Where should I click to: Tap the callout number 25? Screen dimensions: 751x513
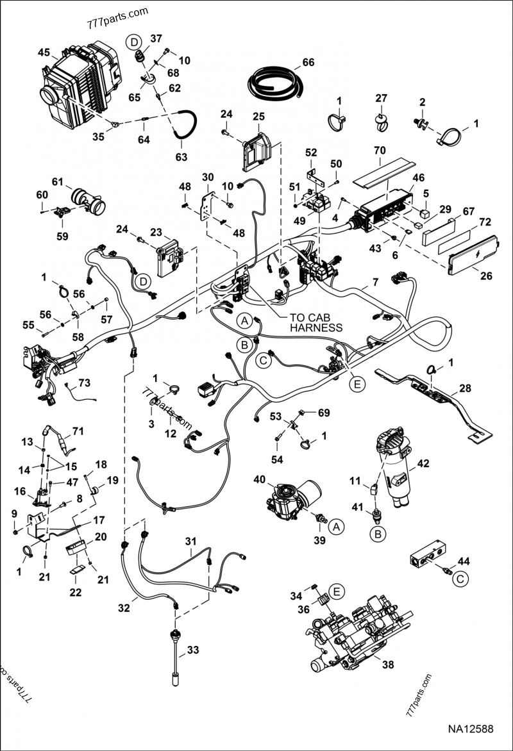point(258,117)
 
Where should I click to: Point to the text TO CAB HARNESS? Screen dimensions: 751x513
point(315,322)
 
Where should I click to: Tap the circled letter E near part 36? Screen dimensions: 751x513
point(337,590)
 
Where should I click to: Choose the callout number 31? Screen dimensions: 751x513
point(190,542)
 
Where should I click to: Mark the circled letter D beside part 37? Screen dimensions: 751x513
point(133,42)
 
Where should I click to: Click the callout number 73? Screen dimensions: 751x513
point(85,383)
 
